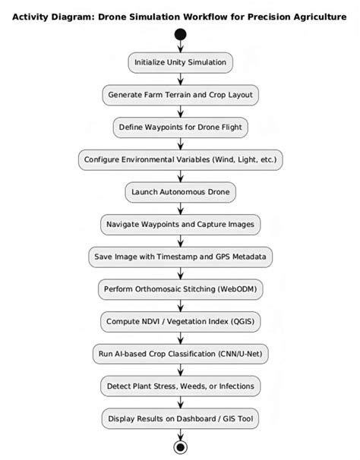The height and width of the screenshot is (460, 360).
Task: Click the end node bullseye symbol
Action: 180,446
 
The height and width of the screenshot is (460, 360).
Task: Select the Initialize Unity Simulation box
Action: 180,62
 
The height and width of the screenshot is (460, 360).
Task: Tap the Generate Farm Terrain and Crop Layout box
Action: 180,95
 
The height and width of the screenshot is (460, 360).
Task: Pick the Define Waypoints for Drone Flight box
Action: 180,128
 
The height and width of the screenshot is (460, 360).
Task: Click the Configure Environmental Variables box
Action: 180,160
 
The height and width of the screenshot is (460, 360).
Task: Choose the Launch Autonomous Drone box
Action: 180,192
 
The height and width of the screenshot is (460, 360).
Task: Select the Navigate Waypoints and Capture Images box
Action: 180,225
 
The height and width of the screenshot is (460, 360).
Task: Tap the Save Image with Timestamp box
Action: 180,257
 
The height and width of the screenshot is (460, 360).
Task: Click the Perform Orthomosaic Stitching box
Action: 180,289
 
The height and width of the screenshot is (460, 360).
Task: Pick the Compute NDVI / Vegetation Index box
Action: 180,321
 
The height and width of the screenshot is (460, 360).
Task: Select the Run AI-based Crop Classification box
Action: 180,354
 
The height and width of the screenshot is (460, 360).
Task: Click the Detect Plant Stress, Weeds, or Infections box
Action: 180,386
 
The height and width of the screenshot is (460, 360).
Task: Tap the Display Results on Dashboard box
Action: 180,418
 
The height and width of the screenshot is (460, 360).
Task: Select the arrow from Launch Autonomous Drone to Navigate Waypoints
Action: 180,209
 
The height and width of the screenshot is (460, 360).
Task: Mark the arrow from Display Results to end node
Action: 180,433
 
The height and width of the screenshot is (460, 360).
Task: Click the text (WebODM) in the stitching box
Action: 235,289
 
